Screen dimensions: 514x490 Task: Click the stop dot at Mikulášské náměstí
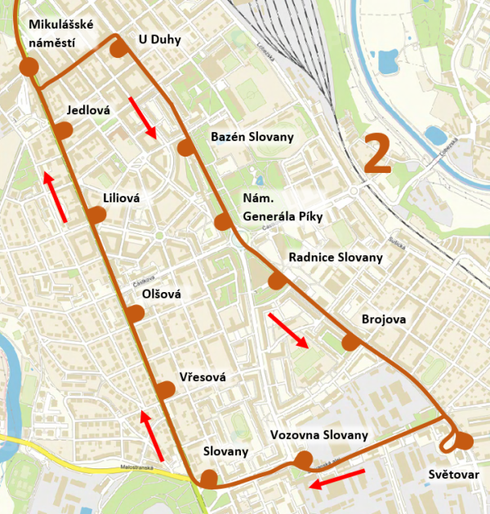point(29,67)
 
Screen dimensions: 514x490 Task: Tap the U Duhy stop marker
point(119,48)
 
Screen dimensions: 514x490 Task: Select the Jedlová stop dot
point(64,130)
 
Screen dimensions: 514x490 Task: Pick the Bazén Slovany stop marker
point(185,148)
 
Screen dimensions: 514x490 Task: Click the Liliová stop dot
point(97,215)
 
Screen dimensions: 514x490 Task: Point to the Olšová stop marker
point(136,312)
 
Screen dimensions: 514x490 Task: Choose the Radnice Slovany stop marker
point(277,281)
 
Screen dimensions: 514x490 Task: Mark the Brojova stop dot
point(351,342)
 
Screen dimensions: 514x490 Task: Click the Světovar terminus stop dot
point(464,441)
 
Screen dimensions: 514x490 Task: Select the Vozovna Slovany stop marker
point(304,461)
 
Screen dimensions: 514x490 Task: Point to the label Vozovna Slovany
point(318,435)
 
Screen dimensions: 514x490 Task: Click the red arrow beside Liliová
point(56,195)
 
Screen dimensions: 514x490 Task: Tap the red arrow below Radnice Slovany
point(289,330)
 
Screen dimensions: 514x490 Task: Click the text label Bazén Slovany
point(252,136)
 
